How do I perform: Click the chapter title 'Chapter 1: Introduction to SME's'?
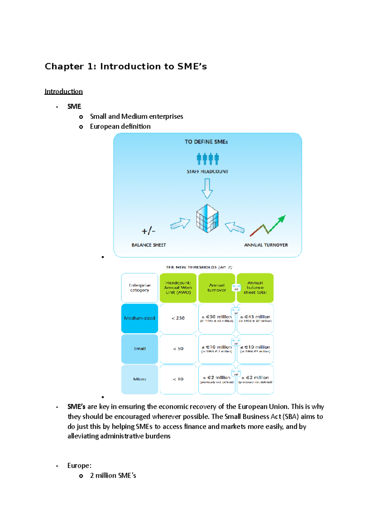tap(126, 66)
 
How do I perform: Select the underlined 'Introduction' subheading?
tap(64, 91)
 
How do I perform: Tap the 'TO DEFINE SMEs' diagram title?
tap(206, 142)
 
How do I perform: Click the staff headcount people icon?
tap(208, 159)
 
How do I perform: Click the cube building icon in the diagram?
tap(207, 218)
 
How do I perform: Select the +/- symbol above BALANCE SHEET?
tap(149, 231)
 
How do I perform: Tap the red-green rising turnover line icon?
tap(268, 225)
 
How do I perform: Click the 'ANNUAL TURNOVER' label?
tap(266, 245)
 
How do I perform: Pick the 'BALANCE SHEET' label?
tap(149, 245)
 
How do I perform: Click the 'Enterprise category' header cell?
tap(140, 288)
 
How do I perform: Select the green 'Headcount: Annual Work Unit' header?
tap(178, 288)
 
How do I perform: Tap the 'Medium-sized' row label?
tap(140, 318)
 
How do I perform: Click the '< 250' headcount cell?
tap(178, 318)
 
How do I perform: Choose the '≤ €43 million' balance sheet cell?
tap(255, 318)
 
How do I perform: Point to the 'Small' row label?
tap(140, 349)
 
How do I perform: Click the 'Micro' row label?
tap(140, 379)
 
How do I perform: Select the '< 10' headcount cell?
tap(178, 379)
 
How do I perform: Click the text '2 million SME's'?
tap(113, 475)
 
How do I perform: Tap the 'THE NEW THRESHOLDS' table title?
tap(199, 267)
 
